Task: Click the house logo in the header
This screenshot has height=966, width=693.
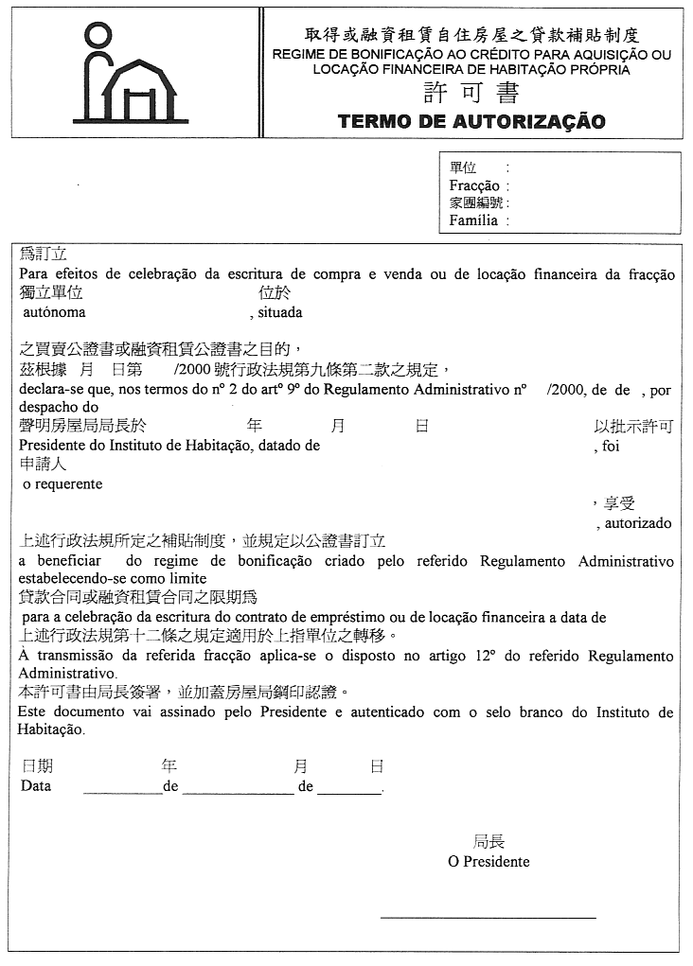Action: pyautogui.click(x=130, y=73)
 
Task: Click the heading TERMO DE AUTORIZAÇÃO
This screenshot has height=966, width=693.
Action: pyautogui.click(x=471, y=121)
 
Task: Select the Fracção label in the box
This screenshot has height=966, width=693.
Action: pyautogui.click(x=474, y=186)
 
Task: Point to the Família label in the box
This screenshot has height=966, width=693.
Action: pyautogui.click(x=473, y=220)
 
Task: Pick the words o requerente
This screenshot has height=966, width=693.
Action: pyautogui.click(x=62, y=483)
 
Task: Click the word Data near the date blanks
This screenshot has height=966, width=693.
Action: pyautogui.click(x=36, y=786)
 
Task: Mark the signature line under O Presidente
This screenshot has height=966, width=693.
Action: pyautogui.click(x=488, y=917)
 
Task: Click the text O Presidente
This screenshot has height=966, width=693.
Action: pyautogui.click(x=489, y=862)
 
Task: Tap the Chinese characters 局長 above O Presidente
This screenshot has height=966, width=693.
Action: pyautogui.click(x=489, y=841)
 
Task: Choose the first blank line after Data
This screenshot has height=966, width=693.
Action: pyautogui.click(x=123, y=790)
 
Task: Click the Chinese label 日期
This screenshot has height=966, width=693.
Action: pyautogui.click(x=37, y=766)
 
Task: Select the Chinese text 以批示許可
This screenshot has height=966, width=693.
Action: pyautogui.click(x=633, y=427)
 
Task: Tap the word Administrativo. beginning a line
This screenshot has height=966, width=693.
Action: pyautogui.click(x=63, y=674)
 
